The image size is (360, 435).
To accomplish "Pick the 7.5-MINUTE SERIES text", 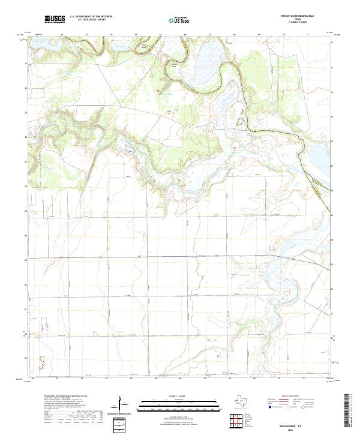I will coord(313,23).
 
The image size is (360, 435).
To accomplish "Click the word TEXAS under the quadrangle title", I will coord(313,20).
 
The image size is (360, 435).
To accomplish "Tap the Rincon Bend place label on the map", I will coord(175,64).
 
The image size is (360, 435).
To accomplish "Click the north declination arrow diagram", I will coord(123,405).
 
